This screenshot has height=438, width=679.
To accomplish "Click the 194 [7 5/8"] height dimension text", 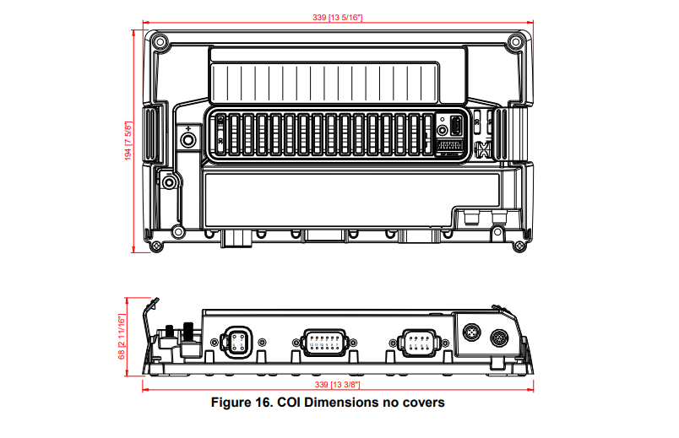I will pos(128,139).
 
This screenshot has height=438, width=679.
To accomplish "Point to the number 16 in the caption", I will pos(265,403).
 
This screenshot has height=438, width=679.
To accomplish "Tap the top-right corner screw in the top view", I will pos(515,40).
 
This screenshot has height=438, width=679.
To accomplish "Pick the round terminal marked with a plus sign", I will pos(187,138).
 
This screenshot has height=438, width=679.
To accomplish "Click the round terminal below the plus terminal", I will pos(171,182).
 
